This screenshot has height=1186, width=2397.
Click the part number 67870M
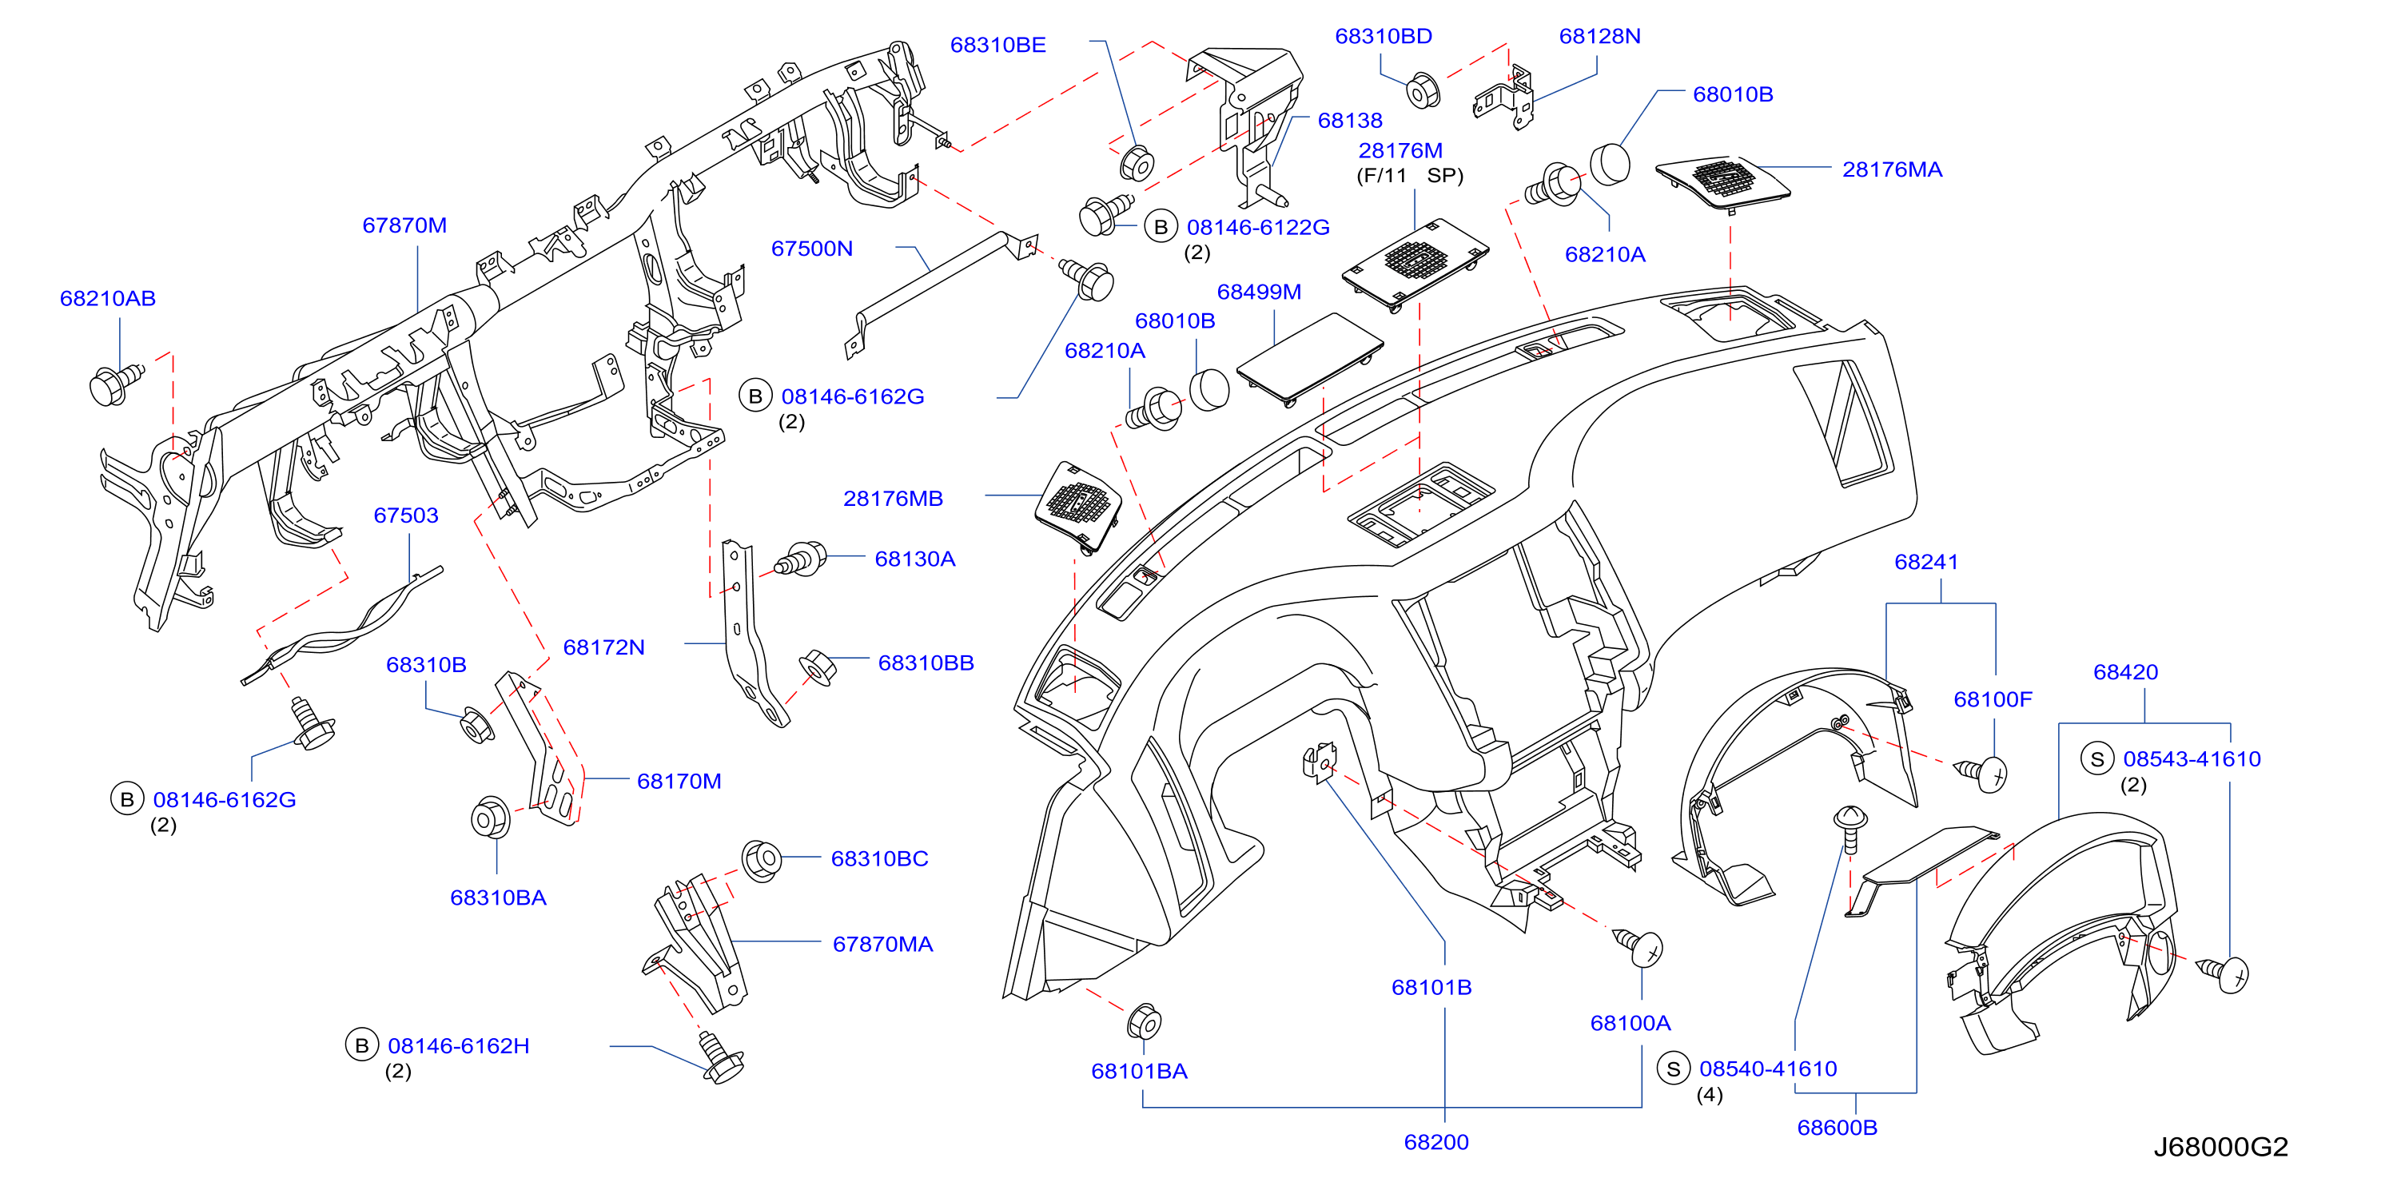click(x=404, y=225)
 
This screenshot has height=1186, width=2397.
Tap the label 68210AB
click(x=108, y=299)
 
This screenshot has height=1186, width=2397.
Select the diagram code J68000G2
click(x=2220, y=1147)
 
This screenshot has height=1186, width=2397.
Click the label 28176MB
click(x=894, y=499)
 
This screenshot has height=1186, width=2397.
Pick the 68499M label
click(x=1259, y=292)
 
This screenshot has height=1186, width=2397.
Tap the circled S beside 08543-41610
click(x=2097, y=759)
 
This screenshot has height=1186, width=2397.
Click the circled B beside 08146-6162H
click(x=362, y=1045)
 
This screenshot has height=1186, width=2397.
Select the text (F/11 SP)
click(x=1410, y=176)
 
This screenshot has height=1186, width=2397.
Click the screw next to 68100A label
click(x=1638, y=947)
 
